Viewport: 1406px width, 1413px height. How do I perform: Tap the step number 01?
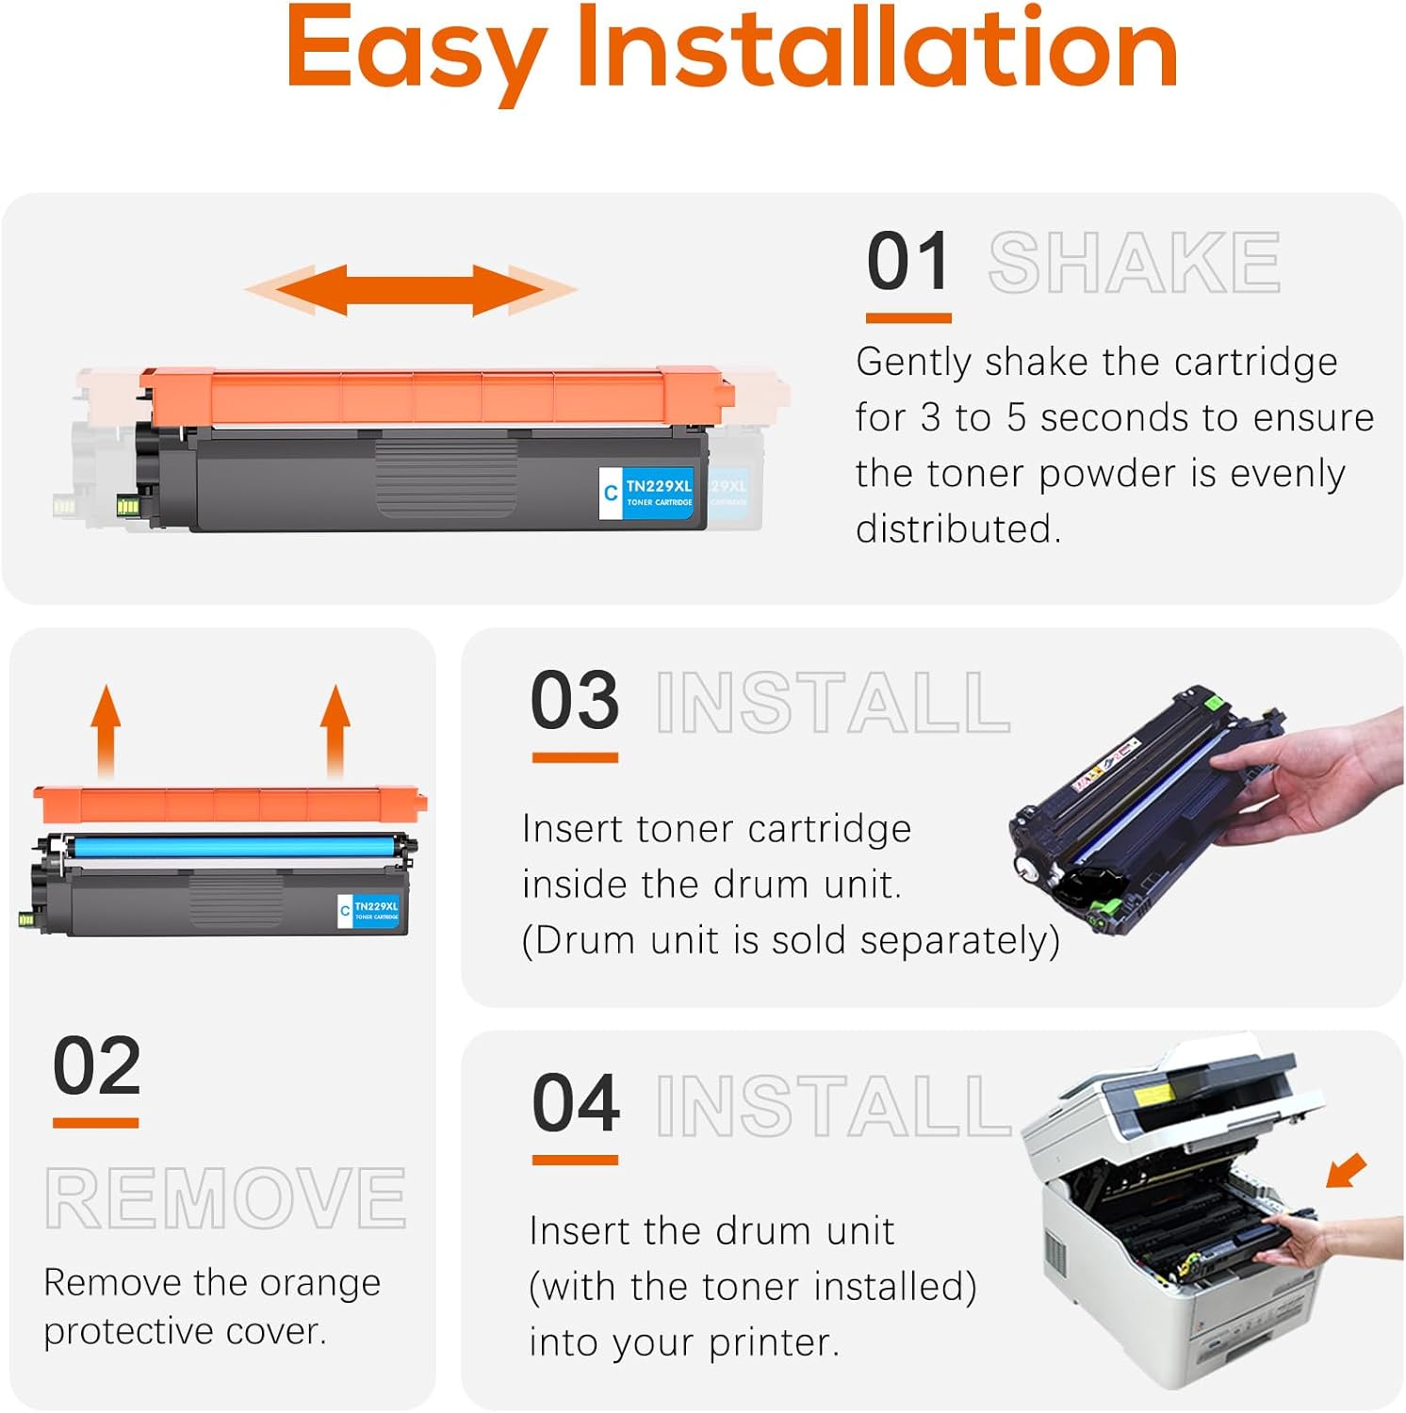[x=907, y=263]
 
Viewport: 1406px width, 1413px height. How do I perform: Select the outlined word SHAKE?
[x=1134, y=264]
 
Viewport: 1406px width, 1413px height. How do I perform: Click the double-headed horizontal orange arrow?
[x=411, y=289]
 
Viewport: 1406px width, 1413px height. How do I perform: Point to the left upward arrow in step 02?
[x=106, y=730]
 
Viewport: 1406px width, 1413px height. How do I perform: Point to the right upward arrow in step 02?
[x=335, y=730]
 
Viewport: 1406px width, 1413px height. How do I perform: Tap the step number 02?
[x=96, y=1067]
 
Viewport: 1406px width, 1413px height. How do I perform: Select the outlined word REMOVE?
[x=225, y=1198]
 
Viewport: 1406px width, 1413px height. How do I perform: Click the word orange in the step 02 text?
[x=319, y=1283]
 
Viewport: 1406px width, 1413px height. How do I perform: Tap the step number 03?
[x=575, y=702]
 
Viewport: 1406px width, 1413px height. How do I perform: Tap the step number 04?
[x=576, y=1104]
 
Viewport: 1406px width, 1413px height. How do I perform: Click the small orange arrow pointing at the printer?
[x=1346, y=1171]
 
